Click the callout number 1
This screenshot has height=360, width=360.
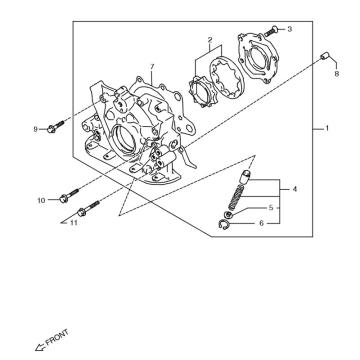(x=327, y=128)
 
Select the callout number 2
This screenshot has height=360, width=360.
(x=210, y=40)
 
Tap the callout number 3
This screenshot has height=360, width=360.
(x=289, y=29)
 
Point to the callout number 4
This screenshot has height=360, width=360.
(x=294, y=189)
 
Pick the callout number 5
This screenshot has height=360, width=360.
(x=271, y=207)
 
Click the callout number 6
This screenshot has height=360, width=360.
(x=261, y=223)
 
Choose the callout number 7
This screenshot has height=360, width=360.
(x=152, y=67)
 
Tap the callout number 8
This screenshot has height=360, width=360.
(x=336, y=74)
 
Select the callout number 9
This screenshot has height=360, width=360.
(x=35, y=129)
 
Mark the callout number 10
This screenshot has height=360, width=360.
(x=41, y=200)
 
